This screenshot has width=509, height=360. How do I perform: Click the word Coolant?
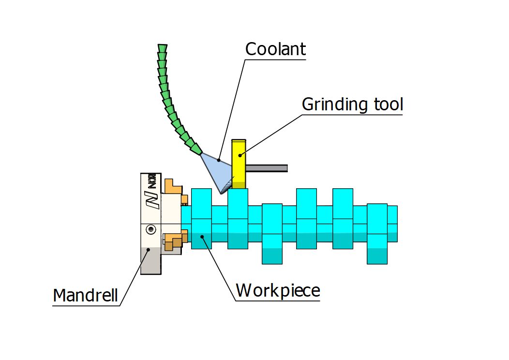[x=275, y=49]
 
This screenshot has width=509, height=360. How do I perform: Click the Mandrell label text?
[x=85, y=295]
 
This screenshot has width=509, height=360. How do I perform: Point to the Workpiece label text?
[x=278, y=291]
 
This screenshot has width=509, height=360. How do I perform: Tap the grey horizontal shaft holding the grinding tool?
[x=267, y=168]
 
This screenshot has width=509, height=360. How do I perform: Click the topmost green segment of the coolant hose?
[x=163, y=48]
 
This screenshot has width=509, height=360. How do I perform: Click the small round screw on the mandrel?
[x=151, y=229]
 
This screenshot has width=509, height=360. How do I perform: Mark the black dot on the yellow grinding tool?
[x=240, y=155]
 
